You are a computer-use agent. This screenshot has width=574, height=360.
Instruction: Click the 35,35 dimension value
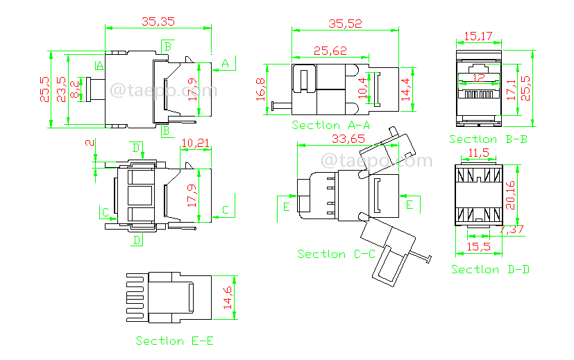[x=158, y=22]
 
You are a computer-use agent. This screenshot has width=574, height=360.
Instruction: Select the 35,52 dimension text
[x=344, y=24]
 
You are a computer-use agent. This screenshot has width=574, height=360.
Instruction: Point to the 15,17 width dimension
[x=478, y=35]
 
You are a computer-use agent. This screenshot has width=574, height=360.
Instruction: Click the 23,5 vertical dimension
[x=62, y=89]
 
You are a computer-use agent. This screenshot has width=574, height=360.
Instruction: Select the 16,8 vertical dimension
[x=262, y=89]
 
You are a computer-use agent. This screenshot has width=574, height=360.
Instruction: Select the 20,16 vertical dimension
[x=511, y=195]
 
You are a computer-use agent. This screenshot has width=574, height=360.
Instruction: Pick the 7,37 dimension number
[x=512, y=230]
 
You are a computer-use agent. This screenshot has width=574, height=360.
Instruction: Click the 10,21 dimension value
[x=194, y=144]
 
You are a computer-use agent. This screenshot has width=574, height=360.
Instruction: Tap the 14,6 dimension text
[x=227, y=297]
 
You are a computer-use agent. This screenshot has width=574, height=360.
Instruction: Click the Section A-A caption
[x=330, y=125]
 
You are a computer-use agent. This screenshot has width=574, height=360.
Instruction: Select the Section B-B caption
[x=489, y=139]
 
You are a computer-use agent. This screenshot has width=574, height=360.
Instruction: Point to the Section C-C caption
[x=337, y=254]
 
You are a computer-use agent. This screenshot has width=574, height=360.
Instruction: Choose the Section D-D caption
[x=490, y=268]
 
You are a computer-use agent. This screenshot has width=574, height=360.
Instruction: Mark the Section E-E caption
[x=174, y=341]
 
